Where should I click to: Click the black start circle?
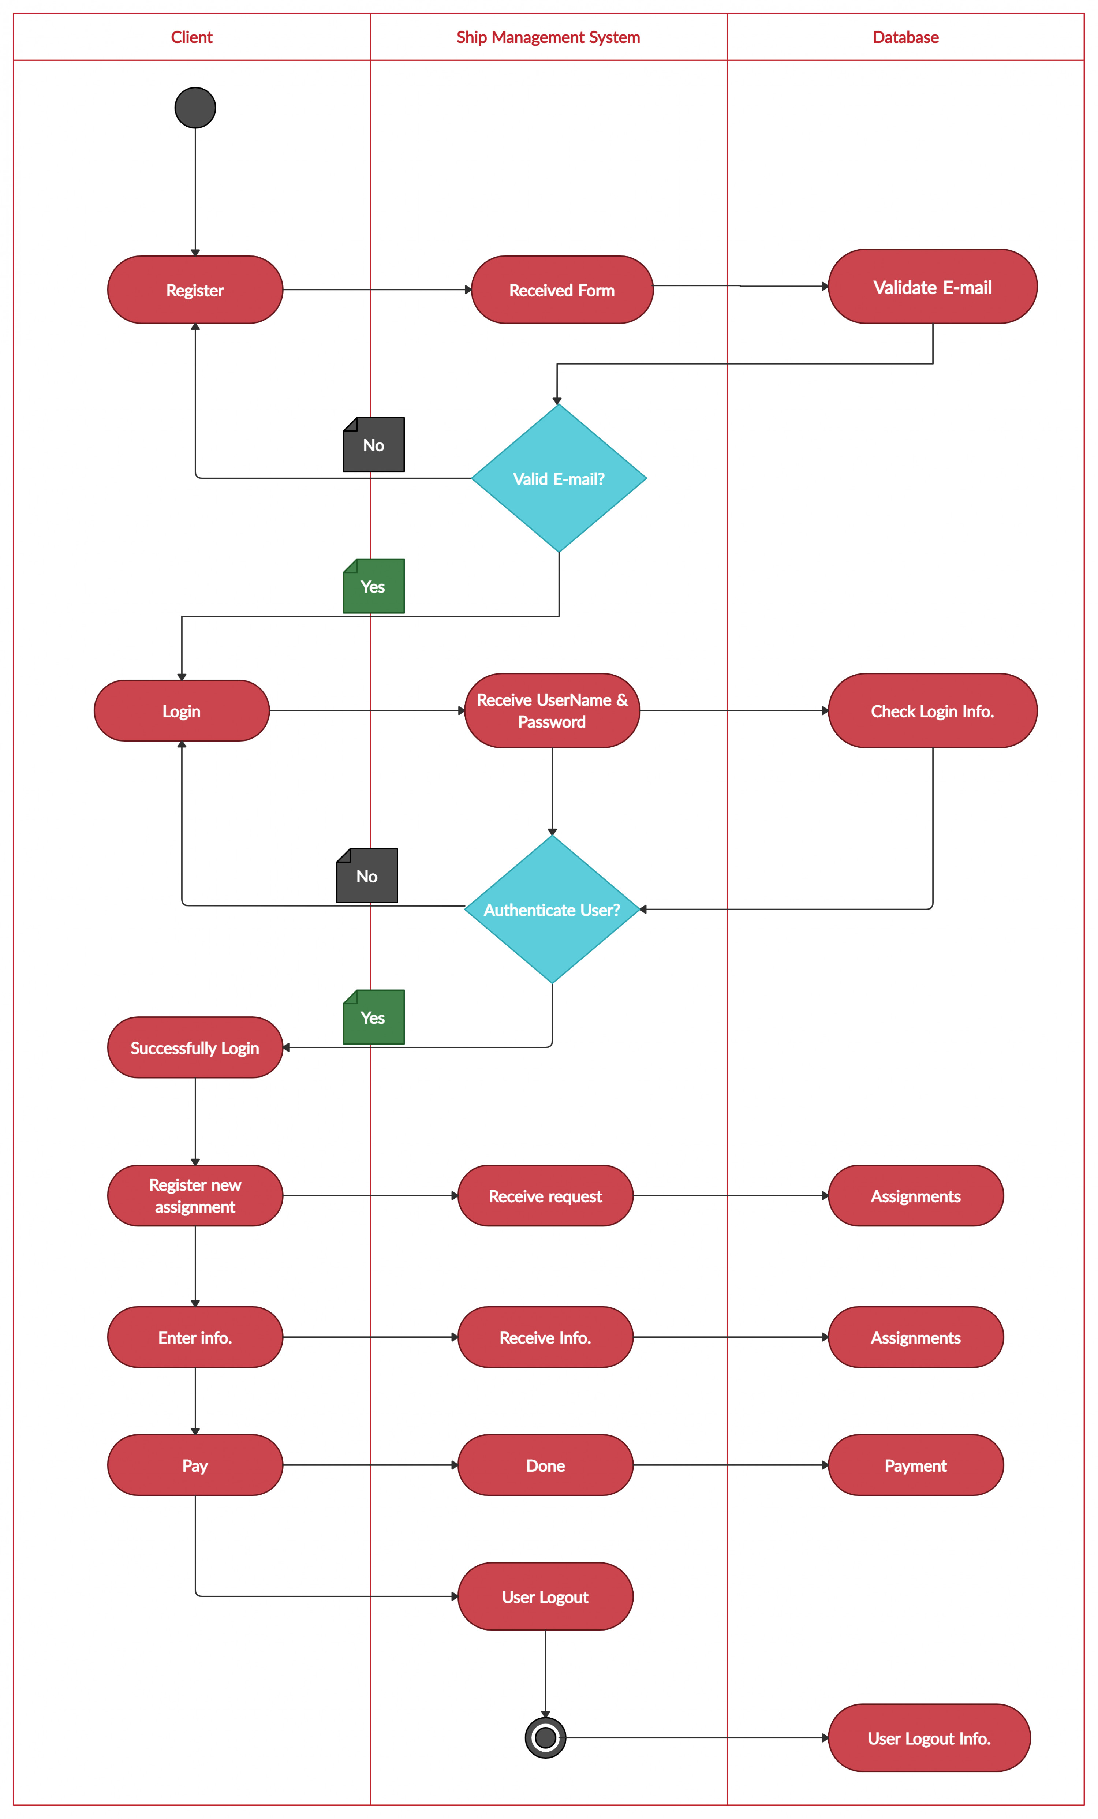click(x=195, y=108)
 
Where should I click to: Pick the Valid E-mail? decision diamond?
click(x=559, y=478)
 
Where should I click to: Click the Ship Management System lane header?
click(x=548, y=37)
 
